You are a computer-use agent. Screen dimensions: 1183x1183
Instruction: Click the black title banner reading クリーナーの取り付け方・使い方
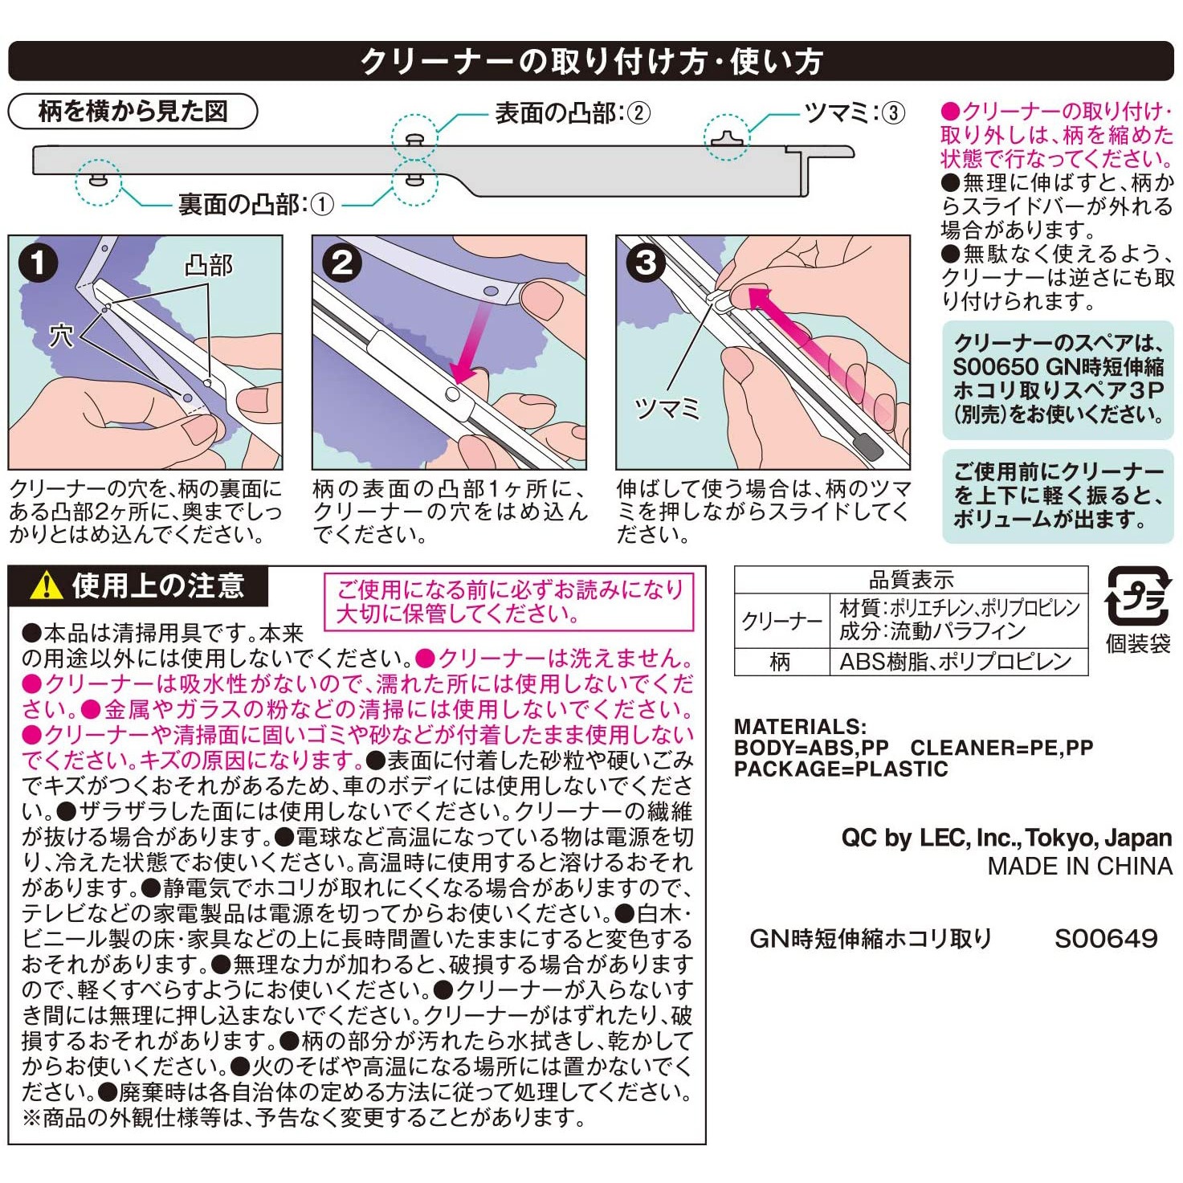[x=591, y=61]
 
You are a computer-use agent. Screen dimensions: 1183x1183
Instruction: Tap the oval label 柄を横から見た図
[x=133, y=111]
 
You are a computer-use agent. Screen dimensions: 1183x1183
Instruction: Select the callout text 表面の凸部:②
[x=572, y=113]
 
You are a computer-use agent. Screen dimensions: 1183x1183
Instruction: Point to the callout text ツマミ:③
[x=855, y=113]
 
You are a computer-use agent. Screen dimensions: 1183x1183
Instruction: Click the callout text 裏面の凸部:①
[x=255, y=205]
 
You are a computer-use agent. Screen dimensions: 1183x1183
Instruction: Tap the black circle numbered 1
[x=37, y=263]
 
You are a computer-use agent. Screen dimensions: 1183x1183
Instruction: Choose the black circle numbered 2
[x=341, y=263]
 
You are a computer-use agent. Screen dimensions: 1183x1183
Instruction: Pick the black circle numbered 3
[x=646, y=263]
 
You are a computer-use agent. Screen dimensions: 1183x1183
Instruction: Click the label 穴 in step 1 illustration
[x=61, y=335]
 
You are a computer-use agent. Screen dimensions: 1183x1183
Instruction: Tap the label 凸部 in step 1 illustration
[x=208, y=265]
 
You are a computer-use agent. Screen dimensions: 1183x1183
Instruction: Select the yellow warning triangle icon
[x=46, y=585]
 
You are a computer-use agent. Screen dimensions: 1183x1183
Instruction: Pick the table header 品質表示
[x=911, y=579]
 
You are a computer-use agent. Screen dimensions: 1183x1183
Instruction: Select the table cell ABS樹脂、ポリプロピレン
[x=956, y=662]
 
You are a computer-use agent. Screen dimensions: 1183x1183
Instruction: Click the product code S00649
[x=1106, y=938]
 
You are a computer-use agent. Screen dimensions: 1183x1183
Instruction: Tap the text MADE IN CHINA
[x=1079, y=867]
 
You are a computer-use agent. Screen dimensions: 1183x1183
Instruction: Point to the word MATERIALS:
[x=800, y=727]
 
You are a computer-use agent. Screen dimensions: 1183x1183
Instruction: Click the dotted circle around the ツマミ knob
[x=727, y=137]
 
